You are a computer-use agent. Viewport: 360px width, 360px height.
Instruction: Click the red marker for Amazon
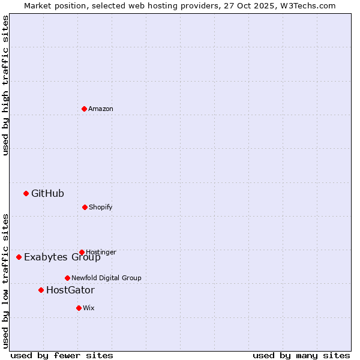coord(85,109)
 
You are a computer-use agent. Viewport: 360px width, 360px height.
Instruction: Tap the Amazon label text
coord(101,109)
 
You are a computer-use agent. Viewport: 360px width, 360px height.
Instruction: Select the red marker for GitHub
coord(26,193)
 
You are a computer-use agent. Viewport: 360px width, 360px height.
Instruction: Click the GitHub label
coord(47,193)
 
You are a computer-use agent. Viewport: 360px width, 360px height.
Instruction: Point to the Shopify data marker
coord(85,207)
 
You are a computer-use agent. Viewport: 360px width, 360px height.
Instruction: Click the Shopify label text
coord(101,207)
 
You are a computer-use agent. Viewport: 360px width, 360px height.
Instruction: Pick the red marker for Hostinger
coord(82,252)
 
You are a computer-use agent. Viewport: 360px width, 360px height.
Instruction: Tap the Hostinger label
coord(101,252)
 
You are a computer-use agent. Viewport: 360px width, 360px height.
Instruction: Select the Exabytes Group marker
coord(19,257)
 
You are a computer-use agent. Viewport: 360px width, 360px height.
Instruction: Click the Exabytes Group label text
coord(62,257)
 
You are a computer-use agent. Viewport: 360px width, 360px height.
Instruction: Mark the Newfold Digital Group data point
coord(67,278)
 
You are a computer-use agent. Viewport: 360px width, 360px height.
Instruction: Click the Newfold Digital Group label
coord(106,278)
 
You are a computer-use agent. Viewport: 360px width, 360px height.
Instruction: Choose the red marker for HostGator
coord(41,290)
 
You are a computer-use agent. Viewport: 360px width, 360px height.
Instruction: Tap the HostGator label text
coord(70,290)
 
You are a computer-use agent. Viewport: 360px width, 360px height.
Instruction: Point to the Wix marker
coord(79,308)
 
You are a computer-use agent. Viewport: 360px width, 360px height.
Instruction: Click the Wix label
coord(89,308)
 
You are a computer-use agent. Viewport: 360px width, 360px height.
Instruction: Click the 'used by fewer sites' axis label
coord(62,355)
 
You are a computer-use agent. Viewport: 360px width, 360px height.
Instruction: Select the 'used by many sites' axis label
coord(301,355)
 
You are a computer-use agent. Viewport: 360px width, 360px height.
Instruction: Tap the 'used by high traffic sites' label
coord(6,85)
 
